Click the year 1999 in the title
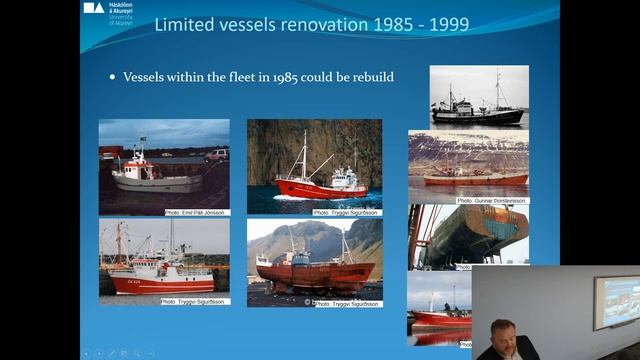[x=448, y=24]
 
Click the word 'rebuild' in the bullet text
[x=371, y=77]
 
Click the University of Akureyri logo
[x=105, y=13]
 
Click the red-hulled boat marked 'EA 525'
[x=155, y=280]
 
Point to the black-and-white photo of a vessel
[x=479, y=97]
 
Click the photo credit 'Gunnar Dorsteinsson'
[x=492, y=201]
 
